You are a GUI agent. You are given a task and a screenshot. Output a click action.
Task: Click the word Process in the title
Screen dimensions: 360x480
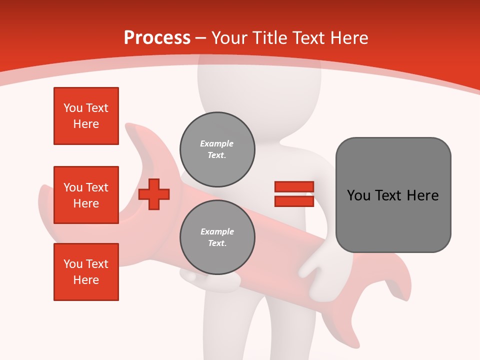[x=157, y=37]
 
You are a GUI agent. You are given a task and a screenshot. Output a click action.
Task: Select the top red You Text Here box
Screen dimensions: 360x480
[x=86, y=116]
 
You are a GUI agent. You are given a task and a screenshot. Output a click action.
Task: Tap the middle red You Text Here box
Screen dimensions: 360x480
[x=86, y=195]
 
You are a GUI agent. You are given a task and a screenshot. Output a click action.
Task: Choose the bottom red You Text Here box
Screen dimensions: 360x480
[x=86, y=272]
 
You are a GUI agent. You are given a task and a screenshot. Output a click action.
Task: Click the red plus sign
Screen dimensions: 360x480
[x=154, y=193]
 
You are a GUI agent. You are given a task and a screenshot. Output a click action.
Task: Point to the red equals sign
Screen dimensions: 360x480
[x=294, y=194]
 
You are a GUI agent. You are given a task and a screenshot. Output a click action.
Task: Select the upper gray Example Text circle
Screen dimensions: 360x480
[x=217, y=149]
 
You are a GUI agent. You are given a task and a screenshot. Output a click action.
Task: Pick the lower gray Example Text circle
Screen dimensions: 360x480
[x=217, y=237]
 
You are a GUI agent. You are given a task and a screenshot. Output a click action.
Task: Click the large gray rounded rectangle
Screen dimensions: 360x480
[x=393, y=195]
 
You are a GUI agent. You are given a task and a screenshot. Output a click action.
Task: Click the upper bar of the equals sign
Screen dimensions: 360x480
[x=294, y=187]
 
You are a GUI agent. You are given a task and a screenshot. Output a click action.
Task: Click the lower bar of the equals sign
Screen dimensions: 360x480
[x=294, y=201]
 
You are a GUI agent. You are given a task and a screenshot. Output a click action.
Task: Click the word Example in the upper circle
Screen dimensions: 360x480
[x=216, y=143]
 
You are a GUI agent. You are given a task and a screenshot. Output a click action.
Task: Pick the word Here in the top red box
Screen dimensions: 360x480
[x=86, y=124]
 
